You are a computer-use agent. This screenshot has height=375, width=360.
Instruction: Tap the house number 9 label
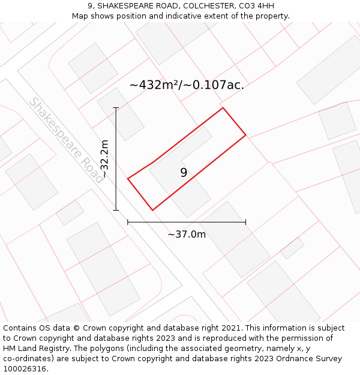[x=184, y=173]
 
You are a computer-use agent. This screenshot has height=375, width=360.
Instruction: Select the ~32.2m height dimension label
[x=104, y=159]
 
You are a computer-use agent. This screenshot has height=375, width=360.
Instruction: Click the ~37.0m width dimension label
[x=187, y=235]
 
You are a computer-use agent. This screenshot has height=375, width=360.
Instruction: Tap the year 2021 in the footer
[x=232, y=328]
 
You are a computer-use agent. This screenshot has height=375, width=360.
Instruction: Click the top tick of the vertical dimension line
[x=116, y=108]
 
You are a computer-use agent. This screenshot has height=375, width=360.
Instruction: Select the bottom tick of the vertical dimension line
[x=116, y=210]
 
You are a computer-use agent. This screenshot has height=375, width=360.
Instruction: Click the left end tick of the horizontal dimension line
[x=128, y=222]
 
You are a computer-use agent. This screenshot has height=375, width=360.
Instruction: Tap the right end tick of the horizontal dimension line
[x=245, y=222]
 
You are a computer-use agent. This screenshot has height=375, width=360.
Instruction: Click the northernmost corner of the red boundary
[x=223, y=108]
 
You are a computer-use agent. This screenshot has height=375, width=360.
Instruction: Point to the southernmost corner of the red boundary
[x=153, y=210]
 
